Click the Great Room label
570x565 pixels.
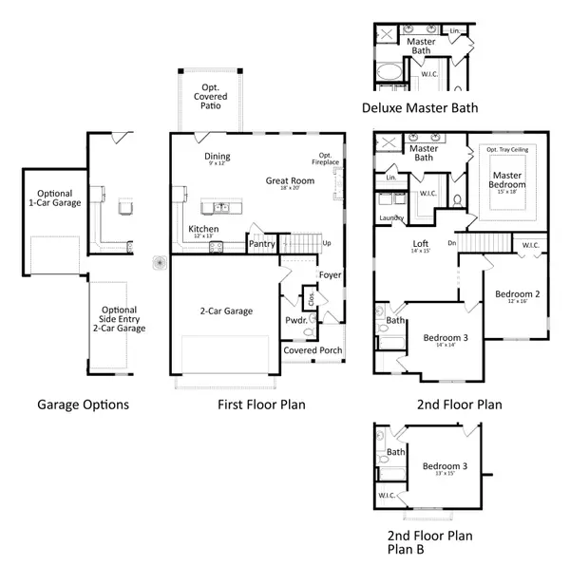click(290, 180)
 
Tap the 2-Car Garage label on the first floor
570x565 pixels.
click(225, 311)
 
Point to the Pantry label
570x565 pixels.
click(261, 244)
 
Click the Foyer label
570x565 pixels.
click(330, 275)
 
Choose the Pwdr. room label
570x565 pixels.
click(294, 321)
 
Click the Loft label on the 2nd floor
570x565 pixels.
click(420, 244)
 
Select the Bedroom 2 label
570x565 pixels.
click(517, 294)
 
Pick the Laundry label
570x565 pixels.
click(390, 218)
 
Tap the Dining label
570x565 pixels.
click(218, 157)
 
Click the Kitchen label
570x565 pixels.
click(204, 229)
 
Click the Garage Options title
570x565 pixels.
click(83, 405)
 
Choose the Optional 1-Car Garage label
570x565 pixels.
click(54, 198)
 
